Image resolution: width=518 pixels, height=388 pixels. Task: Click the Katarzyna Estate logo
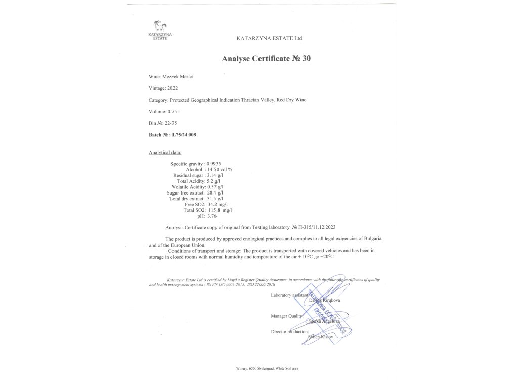(x=161, y=28)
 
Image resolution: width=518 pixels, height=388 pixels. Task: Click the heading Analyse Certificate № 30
(x=266, y=58)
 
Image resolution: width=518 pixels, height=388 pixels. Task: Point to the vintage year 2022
(x=172, y=88)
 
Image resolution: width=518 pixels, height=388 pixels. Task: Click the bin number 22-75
(x=170, y=123)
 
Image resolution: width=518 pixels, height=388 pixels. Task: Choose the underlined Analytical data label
(x=165, y=152)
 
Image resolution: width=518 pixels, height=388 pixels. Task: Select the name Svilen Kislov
(x=320, y=336)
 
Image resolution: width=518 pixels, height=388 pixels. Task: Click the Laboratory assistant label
(x=290, y=295)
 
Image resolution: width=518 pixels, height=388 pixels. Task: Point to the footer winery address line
(x=267, y=369)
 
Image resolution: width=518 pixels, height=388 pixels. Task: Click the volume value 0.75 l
(x=174, y=111)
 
